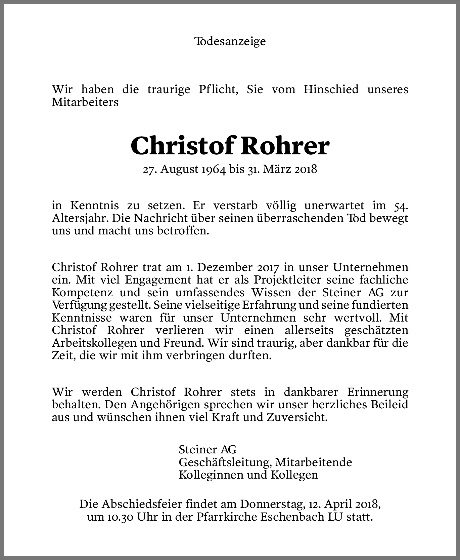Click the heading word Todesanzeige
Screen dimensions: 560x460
pos(230,41)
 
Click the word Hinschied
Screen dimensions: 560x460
pos(331,89)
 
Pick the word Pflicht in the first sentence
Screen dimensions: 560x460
pos(218,89)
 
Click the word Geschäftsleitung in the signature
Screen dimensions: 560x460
pos(225,462)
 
